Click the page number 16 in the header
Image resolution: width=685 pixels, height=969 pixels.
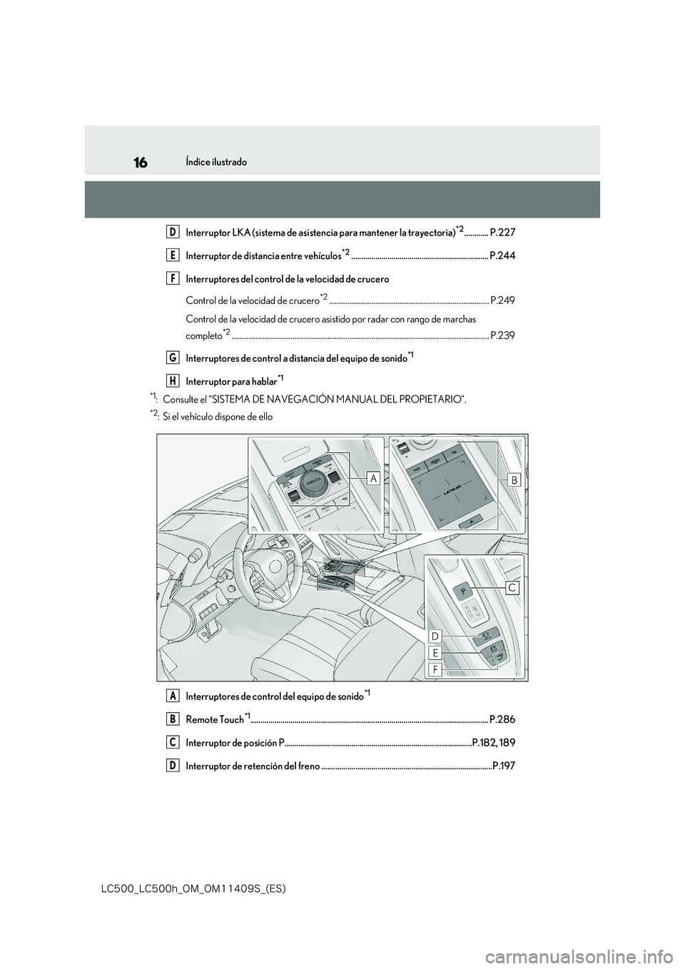point(140,163)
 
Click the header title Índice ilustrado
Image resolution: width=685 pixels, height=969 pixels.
point(218,163)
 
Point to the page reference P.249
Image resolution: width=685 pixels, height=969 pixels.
point(502,300)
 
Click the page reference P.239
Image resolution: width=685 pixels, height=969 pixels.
point(502,335)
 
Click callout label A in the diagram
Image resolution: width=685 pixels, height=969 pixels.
point(372,480)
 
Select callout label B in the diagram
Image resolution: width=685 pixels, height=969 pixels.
point(514,481)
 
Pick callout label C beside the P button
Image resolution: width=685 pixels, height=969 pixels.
point(512,587)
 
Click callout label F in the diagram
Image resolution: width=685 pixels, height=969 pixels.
point(435,670)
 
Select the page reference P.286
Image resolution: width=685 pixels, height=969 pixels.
point(502,719)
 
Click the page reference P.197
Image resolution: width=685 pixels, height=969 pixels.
point(504,766)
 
